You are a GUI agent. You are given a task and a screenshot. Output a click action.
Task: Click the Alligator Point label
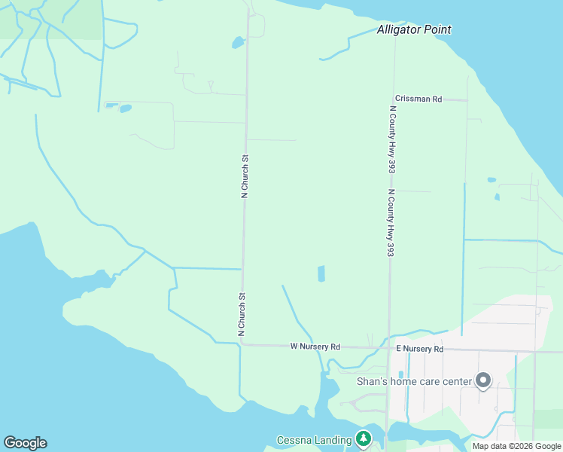click(414, 30)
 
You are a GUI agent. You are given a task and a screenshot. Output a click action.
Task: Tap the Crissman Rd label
click(418, 99)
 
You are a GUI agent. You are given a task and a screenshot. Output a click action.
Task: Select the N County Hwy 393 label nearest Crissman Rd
click(392, 139)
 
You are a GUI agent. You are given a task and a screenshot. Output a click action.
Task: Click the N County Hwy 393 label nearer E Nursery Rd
click(390, 223)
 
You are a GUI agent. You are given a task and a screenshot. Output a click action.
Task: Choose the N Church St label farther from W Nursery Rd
click(244, 176)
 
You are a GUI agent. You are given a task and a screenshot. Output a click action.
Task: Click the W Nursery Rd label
click(315, 347)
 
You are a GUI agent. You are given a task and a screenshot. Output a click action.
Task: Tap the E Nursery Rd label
click(420, 350)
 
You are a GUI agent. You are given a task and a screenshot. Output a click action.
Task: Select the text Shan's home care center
click(414, 381)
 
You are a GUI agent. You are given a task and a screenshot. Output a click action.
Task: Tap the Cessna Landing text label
click(314, 440)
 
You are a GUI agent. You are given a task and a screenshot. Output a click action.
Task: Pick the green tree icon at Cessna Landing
click(364, 438)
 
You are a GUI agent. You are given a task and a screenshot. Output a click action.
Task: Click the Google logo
click(25, 443)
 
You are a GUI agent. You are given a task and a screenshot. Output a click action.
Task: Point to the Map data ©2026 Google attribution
click(516, 446)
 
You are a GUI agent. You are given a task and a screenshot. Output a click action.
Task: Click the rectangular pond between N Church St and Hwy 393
click(321, 273)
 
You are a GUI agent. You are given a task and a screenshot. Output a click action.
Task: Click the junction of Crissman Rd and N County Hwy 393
click(393, 99)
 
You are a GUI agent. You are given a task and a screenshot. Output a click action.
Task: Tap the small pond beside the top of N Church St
click(238, 43)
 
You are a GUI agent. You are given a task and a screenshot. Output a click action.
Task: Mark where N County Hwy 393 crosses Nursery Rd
click(388, 349)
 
